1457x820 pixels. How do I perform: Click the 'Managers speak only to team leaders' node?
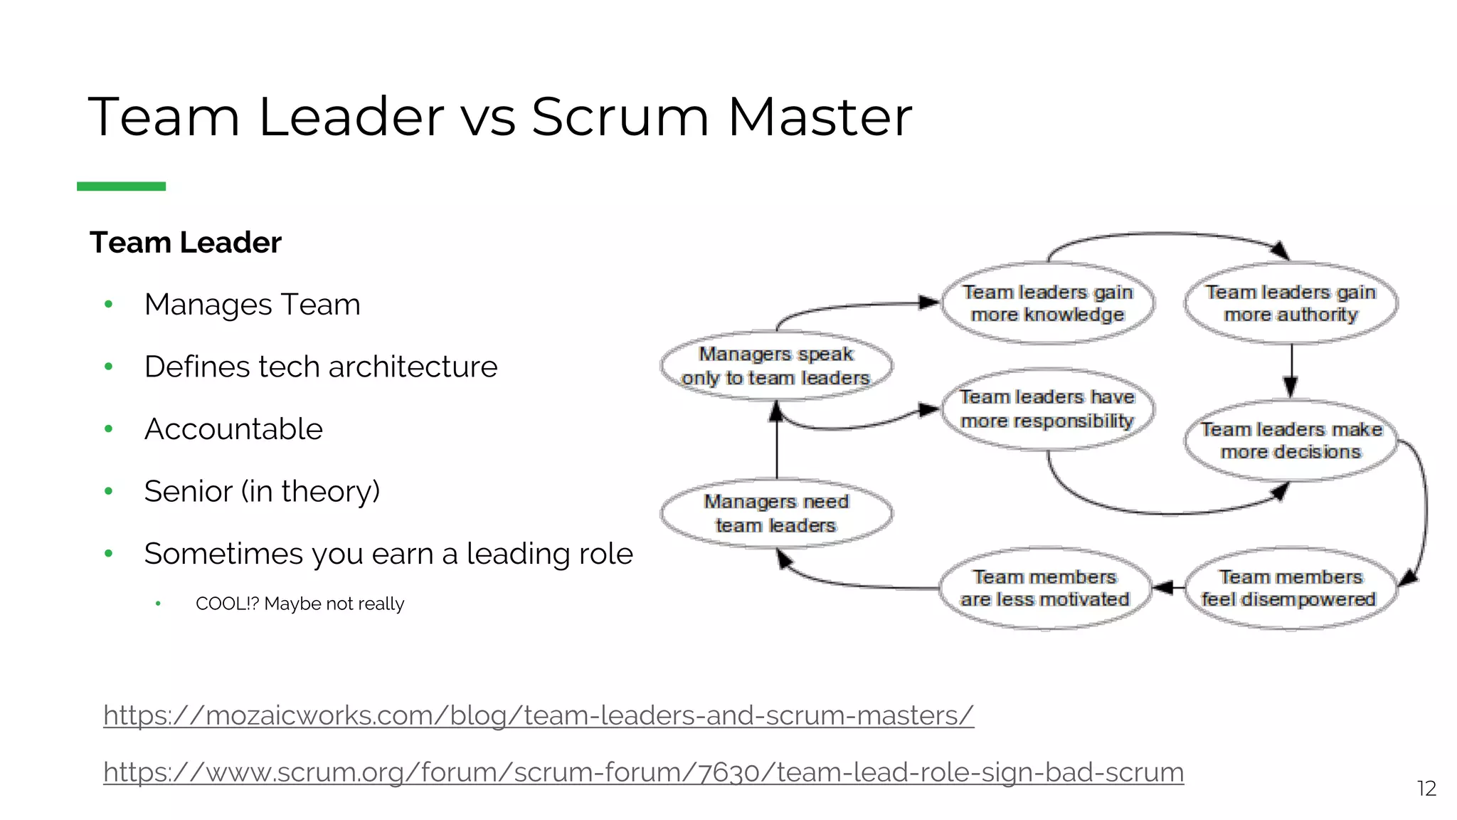(x=776, y=366)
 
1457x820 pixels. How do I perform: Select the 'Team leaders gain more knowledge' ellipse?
(x=1047, y=303)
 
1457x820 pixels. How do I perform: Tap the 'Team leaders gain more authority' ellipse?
(x=1291, y=303)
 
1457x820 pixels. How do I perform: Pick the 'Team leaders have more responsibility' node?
(x=1047, y=409)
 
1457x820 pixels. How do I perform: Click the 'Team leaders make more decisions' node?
(x=1291, y=441)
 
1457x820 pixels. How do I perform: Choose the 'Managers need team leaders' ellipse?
(x=776, y=513)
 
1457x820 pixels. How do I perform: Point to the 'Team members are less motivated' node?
(x=1045, y=588)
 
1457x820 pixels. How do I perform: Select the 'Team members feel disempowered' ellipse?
(x=1289, y=588)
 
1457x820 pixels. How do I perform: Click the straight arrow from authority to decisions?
(x=1291, y=370)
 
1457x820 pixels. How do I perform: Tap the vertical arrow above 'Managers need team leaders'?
(x=776, y=441)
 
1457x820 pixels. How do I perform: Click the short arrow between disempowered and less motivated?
(x=1167, y=588)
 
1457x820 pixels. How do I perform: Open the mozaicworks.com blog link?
(x=539, y=715)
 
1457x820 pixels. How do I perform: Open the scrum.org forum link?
(x=643, y=772)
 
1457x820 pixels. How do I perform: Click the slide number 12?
(x=1426, y=788)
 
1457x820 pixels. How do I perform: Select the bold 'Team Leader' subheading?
(x=186, y=243)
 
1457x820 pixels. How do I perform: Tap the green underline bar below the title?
(x=121, y=186)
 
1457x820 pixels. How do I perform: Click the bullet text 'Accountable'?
(x=233, y=429)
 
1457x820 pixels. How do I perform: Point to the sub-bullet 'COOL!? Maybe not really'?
(x=300, y=604)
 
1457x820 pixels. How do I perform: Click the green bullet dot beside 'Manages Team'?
(x=109, y=305)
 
